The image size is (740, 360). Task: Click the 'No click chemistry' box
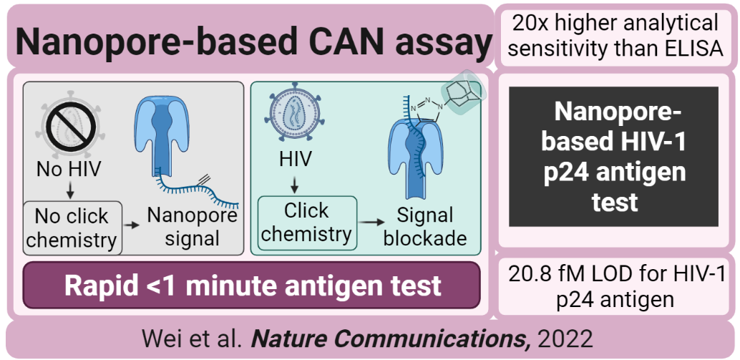pos(72,228)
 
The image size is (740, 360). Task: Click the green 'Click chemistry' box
pos(307,223)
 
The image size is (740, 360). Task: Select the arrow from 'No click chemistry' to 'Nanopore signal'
pos(132,225)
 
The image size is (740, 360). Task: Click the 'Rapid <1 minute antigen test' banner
pos(251,285)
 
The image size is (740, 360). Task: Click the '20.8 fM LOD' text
pos(615,286)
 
